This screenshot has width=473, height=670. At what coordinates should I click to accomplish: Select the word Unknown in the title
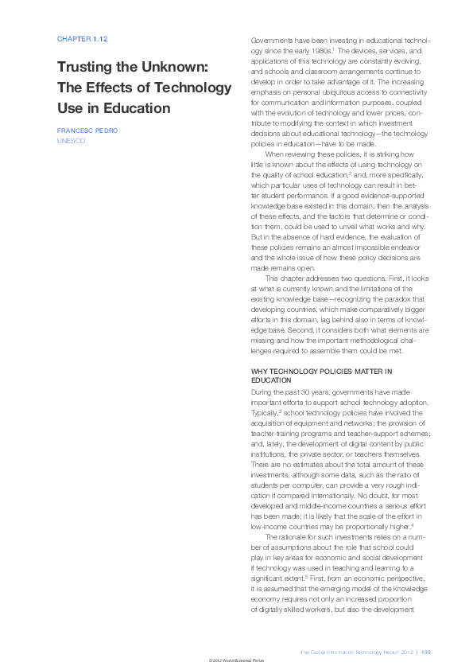click(x=174, y=68)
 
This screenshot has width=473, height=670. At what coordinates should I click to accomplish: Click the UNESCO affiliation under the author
click(x=72, y=140)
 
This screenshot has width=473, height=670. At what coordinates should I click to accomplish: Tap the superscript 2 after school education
click(x=350, y=172)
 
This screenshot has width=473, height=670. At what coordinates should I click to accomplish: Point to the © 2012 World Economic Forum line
click(x=237, y=661)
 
